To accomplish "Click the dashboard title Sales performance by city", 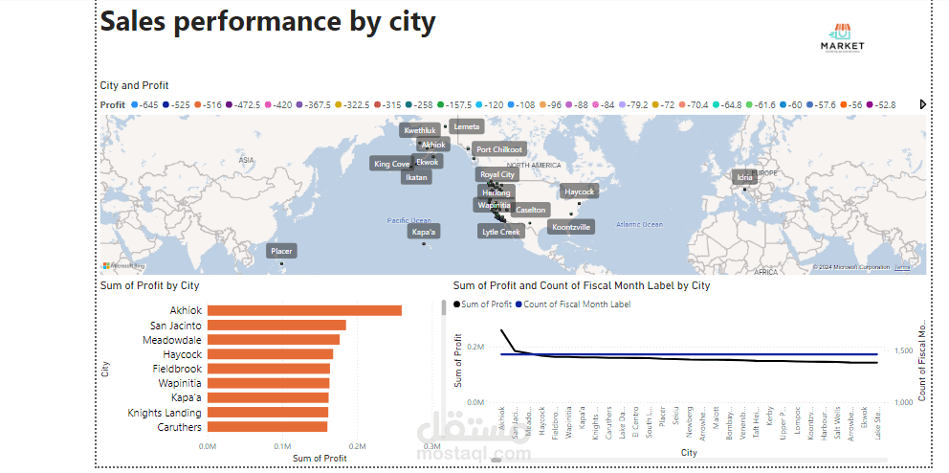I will [x=268, y=21].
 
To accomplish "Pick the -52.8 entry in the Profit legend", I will [x=881, y=104].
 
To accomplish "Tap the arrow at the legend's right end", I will [x=923, y=104].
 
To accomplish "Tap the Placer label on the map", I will [x=281, y=251].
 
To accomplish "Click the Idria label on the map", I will [x=744, y=177].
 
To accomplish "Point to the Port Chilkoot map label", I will [x=499, y=149].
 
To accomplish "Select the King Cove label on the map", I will [x=391, y=164].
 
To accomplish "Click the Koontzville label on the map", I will [x=571, y=227].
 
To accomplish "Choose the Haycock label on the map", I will [x=579, y=191].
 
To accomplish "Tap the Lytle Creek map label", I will [x=501, y=232].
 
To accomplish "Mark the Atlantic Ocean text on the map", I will [x=639, y=225].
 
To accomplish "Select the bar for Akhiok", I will [x=304, y=310].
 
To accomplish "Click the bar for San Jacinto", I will [x=276, y=326].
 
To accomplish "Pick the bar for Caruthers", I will [x=267, y=427].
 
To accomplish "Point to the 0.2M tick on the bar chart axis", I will [x=357, y=446].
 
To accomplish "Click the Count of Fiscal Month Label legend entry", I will [x=577, y=304].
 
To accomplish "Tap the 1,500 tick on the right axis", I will [x=904, y=351].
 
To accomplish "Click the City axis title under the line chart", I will [x=689, y=452].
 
